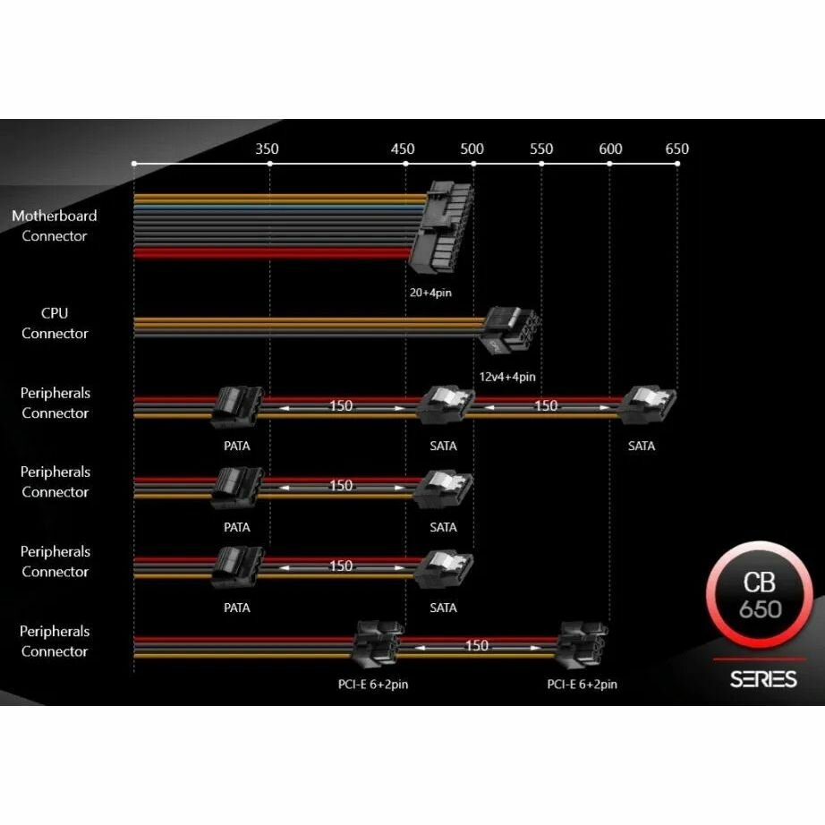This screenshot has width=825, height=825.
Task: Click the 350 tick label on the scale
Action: coord(267,149)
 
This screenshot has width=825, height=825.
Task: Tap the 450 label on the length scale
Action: coord(403,149)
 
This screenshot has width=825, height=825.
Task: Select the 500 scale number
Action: coord(472,149)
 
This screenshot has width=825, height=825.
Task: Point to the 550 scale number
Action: coord(540,149)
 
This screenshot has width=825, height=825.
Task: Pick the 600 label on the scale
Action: coord(610,149)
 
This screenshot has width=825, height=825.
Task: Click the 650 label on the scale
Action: coord(676,149)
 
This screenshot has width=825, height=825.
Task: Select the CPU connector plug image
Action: coord(508,331)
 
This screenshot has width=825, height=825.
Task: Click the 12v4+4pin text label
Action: coord(507,377)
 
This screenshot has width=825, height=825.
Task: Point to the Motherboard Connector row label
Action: coord(55,225)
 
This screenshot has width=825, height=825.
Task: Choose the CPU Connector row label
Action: coord(55,323)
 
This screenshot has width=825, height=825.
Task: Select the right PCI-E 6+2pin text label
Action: coord(582,685)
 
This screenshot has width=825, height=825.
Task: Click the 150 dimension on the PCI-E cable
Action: coord(477,645)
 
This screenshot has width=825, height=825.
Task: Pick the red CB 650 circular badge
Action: coord(760,594)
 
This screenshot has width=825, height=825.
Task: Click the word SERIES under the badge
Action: coord(762,679)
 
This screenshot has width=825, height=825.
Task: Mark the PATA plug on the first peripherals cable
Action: coord(237,408)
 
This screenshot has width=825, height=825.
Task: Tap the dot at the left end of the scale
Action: coord(134,164)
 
